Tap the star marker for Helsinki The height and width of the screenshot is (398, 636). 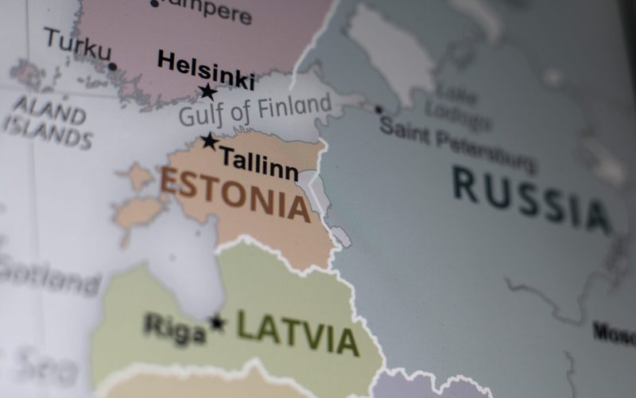(208, 92)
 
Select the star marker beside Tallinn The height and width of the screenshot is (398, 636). (209, 141)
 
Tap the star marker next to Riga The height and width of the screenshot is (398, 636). (216, 322)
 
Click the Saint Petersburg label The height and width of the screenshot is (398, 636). (456, 143)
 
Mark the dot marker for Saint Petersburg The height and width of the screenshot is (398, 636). (378, 110)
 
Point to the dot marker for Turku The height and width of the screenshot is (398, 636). (113, 67)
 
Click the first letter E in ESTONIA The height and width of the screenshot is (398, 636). (171, 181)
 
